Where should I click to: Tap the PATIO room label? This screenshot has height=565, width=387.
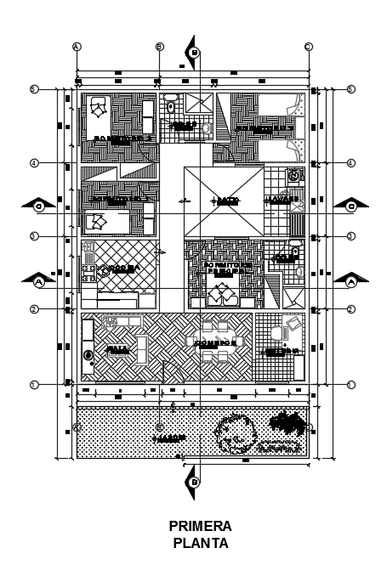[225, 201]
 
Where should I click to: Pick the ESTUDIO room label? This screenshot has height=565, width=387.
[281, 350]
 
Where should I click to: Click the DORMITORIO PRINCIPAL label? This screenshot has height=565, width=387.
[226, 268]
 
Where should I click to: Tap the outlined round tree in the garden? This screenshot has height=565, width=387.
[236, 432]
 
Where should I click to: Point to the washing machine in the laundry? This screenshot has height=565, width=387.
[294, 176]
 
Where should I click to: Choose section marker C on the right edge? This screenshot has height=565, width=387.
[350, 205]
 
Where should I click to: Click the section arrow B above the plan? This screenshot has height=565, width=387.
[194, 51]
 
